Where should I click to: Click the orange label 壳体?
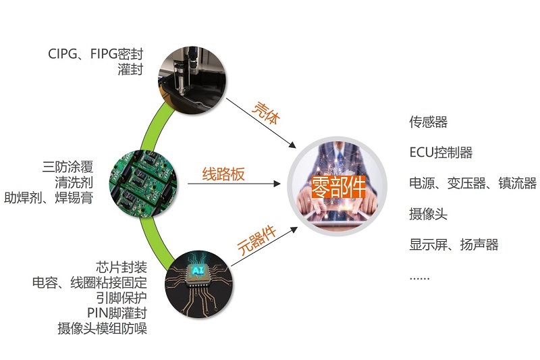[266, 113]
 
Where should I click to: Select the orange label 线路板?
[223, 174]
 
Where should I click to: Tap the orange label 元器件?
[257, 240]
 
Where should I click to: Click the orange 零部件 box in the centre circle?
[338, 186]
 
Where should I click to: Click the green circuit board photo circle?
[144, 184]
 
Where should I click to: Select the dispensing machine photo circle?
[192, 80]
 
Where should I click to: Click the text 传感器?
[428, 122]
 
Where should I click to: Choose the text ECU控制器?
[441, 152]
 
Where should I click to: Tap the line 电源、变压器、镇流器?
[473, 183]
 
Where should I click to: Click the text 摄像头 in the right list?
[428, 214]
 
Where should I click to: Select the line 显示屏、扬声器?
[454, 245]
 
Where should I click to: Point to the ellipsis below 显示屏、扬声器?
[419, 278]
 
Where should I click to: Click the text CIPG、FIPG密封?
[95, 54]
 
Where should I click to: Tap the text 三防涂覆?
[68, 167]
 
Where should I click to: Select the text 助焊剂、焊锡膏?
[49, 198]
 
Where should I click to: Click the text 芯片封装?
[122, 267]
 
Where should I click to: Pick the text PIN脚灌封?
[117, 313]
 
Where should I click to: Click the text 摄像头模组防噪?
[103, 328]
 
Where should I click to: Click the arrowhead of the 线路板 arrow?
[277, 184]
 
